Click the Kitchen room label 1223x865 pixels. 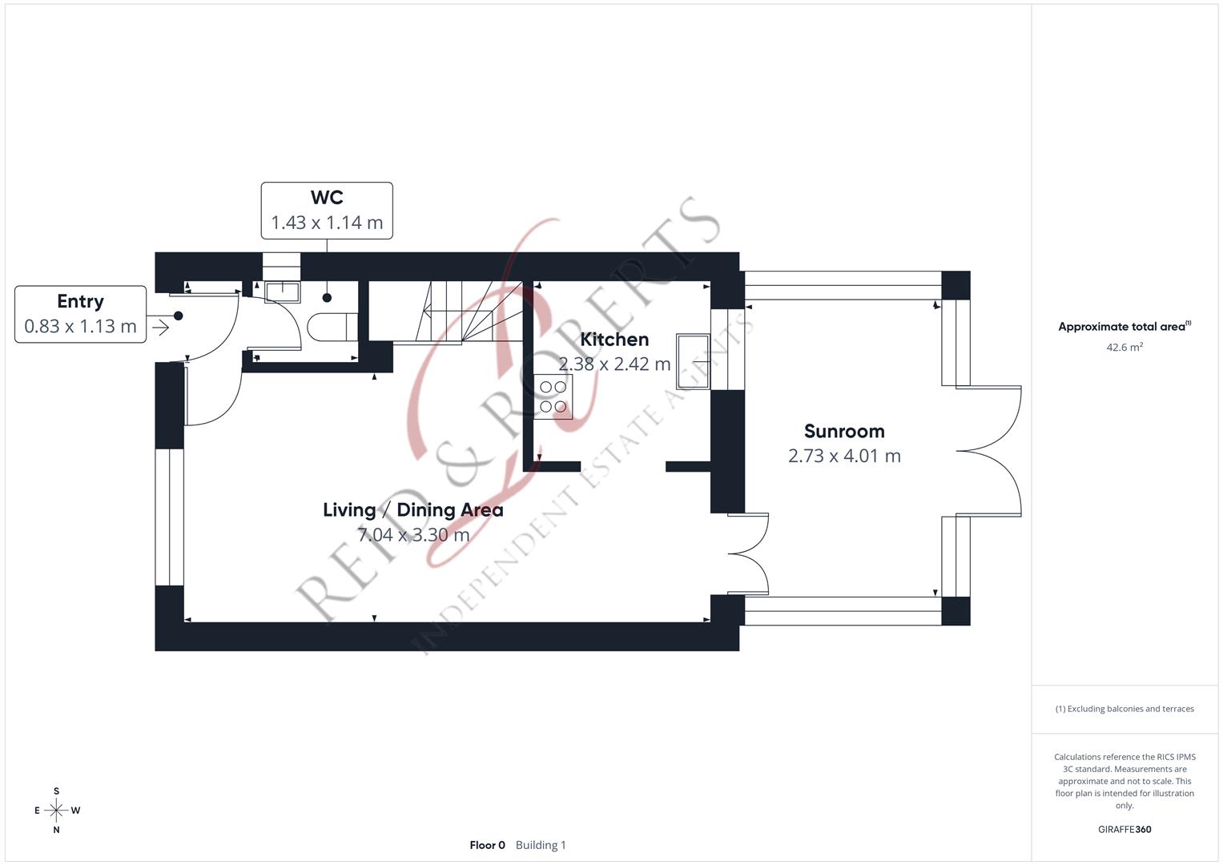click(614, 339)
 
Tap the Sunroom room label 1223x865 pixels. click(843, 431)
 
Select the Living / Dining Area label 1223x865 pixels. click(412, 509)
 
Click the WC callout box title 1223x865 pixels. click(327, 197)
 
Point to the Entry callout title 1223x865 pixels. click(80, 301)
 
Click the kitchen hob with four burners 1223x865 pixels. click(553, 396)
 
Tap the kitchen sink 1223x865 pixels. click(693, 361)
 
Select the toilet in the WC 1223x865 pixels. click(332, 326)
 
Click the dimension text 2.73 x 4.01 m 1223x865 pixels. click(843, 456)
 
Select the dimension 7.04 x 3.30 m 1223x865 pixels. click(412, 534)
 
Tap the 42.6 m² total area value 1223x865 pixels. click(1124, 347)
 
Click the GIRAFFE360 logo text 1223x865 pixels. click(1124, 829)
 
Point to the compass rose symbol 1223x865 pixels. click(56, 811)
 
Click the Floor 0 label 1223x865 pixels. click(487, 845)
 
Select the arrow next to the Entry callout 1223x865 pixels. click(159, 327)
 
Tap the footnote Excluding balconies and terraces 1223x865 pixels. click(1124, 709)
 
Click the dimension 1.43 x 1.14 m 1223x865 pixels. click(327, 222)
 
